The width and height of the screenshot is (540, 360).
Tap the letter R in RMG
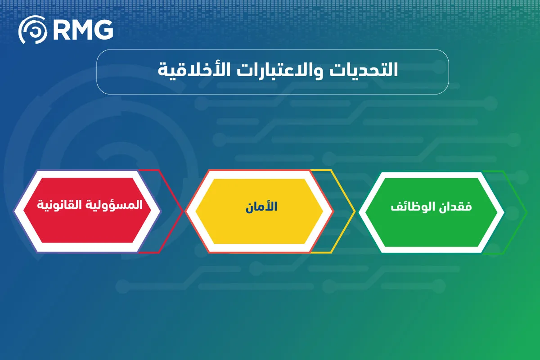(x=61, y=30)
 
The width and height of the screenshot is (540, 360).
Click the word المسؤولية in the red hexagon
(x=120, y=205)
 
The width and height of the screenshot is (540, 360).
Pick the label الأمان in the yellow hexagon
(x=261, y=207)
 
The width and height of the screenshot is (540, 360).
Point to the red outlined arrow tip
(x=182, y=211)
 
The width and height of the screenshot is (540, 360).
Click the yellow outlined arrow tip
(x=354, y=211)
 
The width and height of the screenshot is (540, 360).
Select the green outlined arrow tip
(x=526, y=211)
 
